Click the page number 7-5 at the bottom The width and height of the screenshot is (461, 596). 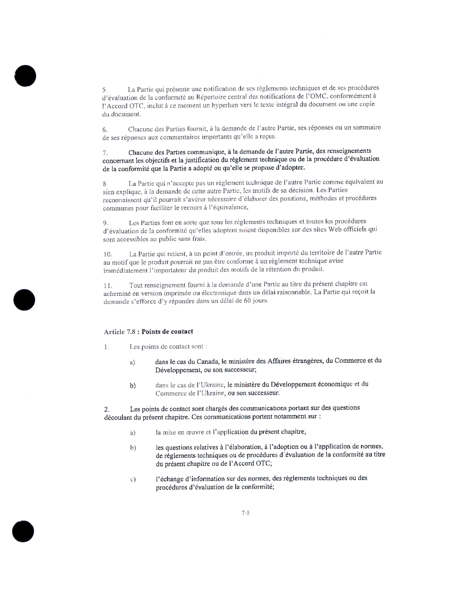tap(246, 513)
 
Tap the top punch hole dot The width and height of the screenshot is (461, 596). tap(25, 76)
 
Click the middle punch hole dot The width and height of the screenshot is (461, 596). tap(24, 300)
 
